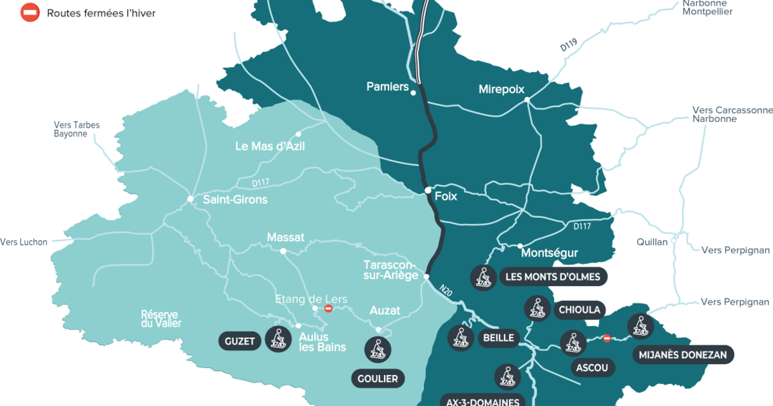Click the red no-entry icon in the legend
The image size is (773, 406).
[x=30, y=12]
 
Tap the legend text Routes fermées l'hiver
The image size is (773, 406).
[x=101, y=13]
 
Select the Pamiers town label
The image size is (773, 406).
[x=387, y=86]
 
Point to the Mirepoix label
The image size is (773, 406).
[x=502, y=90]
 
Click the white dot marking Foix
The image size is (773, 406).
[x=428, y=190]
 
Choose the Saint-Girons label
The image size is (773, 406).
[x=234, y=200]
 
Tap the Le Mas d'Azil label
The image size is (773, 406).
[x=270, y=146]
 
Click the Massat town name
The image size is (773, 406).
[x=285, y=238]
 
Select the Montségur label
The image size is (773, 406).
[x=549, y=253]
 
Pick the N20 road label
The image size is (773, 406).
[x=446, y=291]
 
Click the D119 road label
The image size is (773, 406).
[x=568, y=45]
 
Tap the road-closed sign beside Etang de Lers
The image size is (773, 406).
[x=329, y=309]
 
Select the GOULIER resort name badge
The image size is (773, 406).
[x=377, y=378]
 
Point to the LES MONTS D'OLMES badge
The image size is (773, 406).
[x=553, y=277]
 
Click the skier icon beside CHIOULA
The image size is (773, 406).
[x=537, y=309]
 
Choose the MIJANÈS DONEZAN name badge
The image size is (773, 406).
[x=683, y=354]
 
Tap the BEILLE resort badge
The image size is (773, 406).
[x=498, y=338]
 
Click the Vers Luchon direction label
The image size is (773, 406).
[x=24, y=242]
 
